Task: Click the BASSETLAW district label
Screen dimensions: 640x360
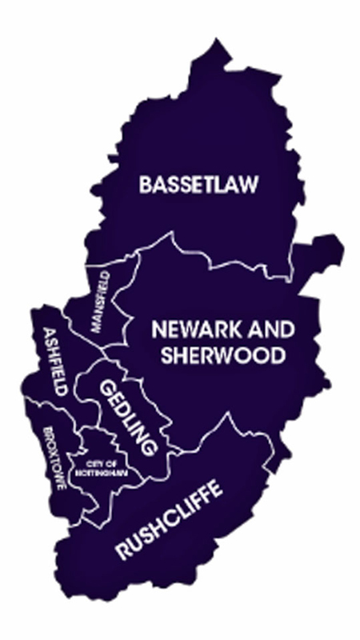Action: pos(198,184)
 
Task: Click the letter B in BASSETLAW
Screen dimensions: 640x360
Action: pos(145,185)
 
